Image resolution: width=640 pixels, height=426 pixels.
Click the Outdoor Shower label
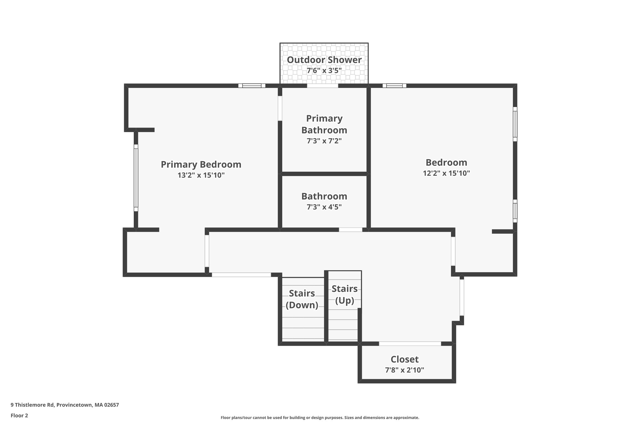(324, 60)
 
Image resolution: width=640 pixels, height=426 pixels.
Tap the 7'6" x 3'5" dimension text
(324, 71)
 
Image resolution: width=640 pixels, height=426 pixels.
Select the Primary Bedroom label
(201, 164)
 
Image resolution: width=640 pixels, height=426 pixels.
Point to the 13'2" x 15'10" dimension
(201, 175)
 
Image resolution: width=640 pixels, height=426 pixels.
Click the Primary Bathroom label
(324, 124)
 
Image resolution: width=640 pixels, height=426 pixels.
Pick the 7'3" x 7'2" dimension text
(324, 141)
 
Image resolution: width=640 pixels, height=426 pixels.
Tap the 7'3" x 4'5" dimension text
(324, 207)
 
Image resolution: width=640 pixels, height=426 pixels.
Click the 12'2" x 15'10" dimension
(446, 173)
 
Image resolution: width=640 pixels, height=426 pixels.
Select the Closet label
(404, 359)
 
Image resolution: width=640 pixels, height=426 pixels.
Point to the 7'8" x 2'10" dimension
(404, 370)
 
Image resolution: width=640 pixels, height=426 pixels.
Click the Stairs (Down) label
(302, 299)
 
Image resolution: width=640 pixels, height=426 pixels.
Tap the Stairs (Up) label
(344, 294)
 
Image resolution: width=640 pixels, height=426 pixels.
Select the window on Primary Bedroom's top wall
(252, 86)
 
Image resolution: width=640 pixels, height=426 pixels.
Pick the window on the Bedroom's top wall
(394, 86)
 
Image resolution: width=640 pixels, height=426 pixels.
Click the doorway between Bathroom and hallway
(350, 230)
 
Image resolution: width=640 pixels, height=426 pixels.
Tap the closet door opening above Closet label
(410, 344)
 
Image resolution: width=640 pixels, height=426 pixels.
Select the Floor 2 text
(19, 415)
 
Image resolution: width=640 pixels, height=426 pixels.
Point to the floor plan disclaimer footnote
(320, 418)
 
